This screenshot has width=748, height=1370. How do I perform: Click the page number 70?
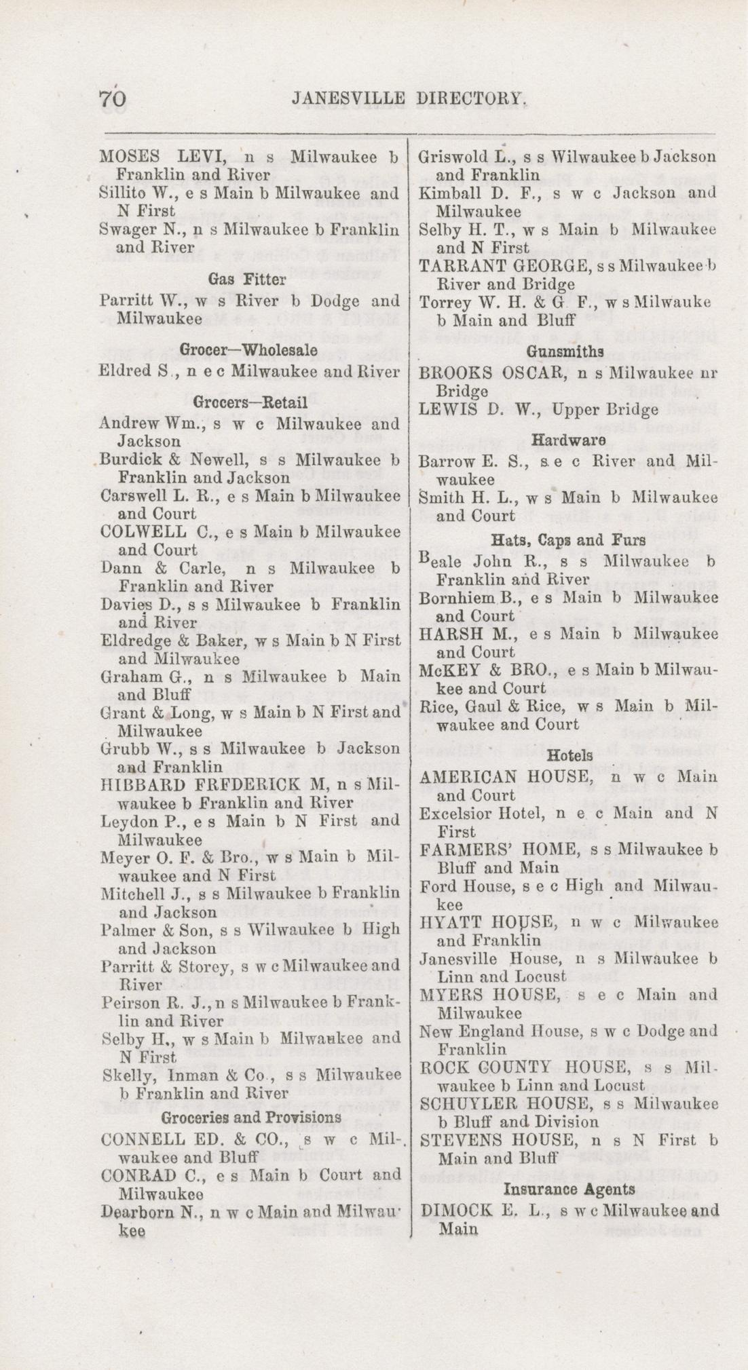coord(113,99)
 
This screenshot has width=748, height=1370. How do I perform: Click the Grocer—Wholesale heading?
coord(248,350)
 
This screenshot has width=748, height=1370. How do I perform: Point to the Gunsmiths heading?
coord(565,351)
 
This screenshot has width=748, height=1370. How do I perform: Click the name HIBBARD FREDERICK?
coord(199,784)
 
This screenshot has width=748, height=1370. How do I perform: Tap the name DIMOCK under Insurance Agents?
coord(453,1210)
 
